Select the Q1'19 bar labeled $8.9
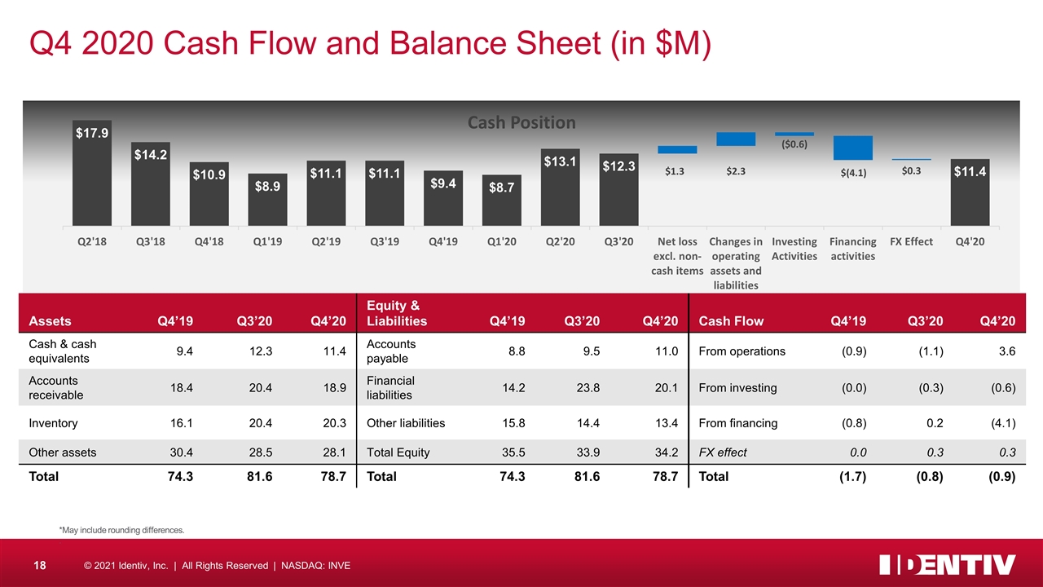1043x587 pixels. tap(268, 201)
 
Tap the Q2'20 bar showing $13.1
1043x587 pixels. tap(561, 188)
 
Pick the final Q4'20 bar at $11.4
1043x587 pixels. tap(970, 192)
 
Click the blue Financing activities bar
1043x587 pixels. tap(852, 148)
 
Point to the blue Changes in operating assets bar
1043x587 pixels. tap(736, 139)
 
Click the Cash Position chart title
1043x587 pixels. tap(521, 122)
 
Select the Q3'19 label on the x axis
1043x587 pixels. tap(385, 242)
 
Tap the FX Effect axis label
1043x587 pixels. tap(911, 242)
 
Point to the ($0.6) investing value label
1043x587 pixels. tap(794, 144)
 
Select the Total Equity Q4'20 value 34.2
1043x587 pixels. tap(665, 452)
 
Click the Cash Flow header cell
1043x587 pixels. tap(731, 320)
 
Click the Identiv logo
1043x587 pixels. tap(947, 565)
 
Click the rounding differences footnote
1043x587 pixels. tap(121, 531)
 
